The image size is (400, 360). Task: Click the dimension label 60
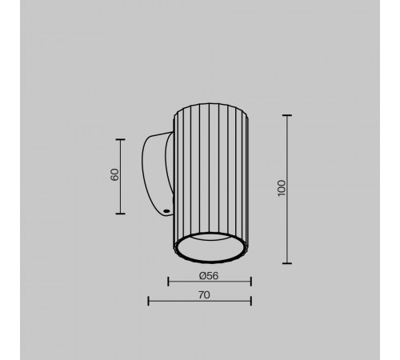[x=114, y=174]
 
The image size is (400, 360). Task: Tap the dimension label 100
[x=282, y=188]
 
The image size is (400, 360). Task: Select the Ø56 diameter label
[x=209, y=276]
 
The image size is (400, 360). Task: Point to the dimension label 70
[x=204, y=295]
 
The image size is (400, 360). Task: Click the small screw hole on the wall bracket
[x=166, y=211]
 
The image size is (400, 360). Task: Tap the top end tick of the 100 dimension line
[x=287, y=115]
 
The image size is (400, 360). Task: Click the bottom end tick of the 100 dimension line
[x=287, y=263]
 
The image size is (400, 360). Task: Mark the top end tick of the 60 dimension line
[x=121, y=139]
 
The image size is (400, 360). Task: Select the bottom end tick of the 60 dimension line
[x=121, y=214]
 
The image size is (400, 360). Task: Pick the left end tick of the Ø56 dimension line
[x=168, y=282]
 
